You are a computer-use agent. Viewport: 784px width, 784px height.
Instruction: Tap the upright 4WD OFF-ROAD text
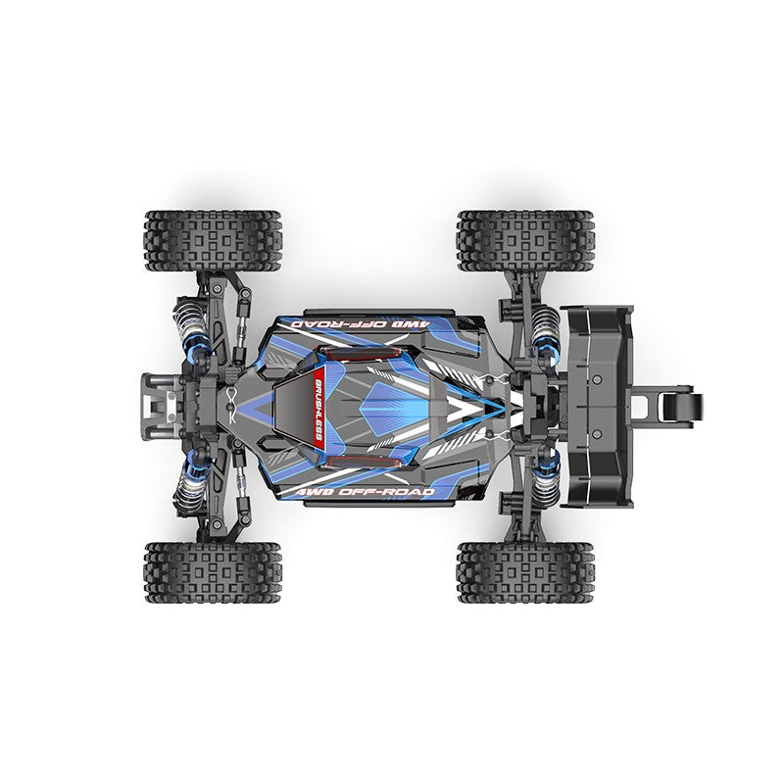pyautogui.click(x=375, y=491)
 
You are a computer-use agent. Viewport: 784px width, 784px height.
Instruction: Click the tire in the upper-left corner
pyautogui.click(x=213, y=240)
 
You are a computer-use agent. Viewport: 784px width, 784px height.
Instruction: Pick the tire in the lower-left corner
pyautogui.click(x=213, y=573)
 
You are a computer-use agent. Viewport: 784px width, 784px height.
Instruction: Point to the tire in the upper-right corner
pyautogui.click(x=524, y=240)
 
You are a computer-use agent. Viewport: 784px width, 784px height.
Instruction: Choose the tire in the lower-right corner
pyautogui.click(x=524, y=573)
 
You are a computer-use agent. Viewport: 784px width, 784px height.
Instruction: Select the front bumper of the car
pyautogui.click(x=162, y=403)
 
